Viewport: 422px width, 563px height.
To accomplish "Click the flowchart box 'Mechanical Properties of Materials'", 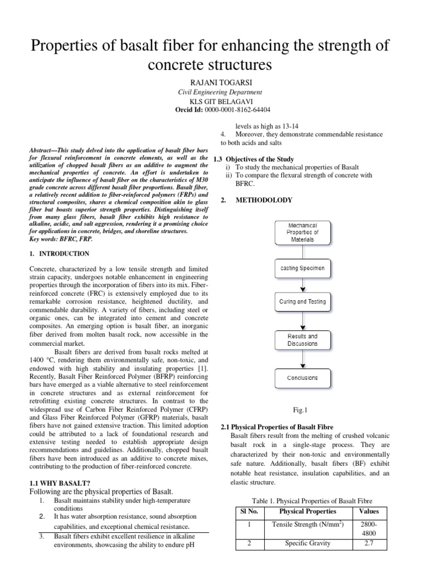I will click(302, 233).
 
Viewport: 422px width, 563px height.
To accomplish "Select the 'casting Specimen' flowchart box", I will click(302, 268).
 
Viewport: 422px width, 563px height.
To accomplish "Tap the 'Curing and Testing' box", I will click(302, 301).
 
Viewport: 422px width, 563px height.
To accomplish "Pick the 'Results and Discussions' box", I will click(302, 339).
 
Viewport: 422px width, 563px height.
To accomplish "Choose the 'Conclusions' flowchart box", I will click(302, 378).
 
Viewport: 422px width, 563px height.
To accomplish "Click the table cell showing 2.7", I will click(369, 543).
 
